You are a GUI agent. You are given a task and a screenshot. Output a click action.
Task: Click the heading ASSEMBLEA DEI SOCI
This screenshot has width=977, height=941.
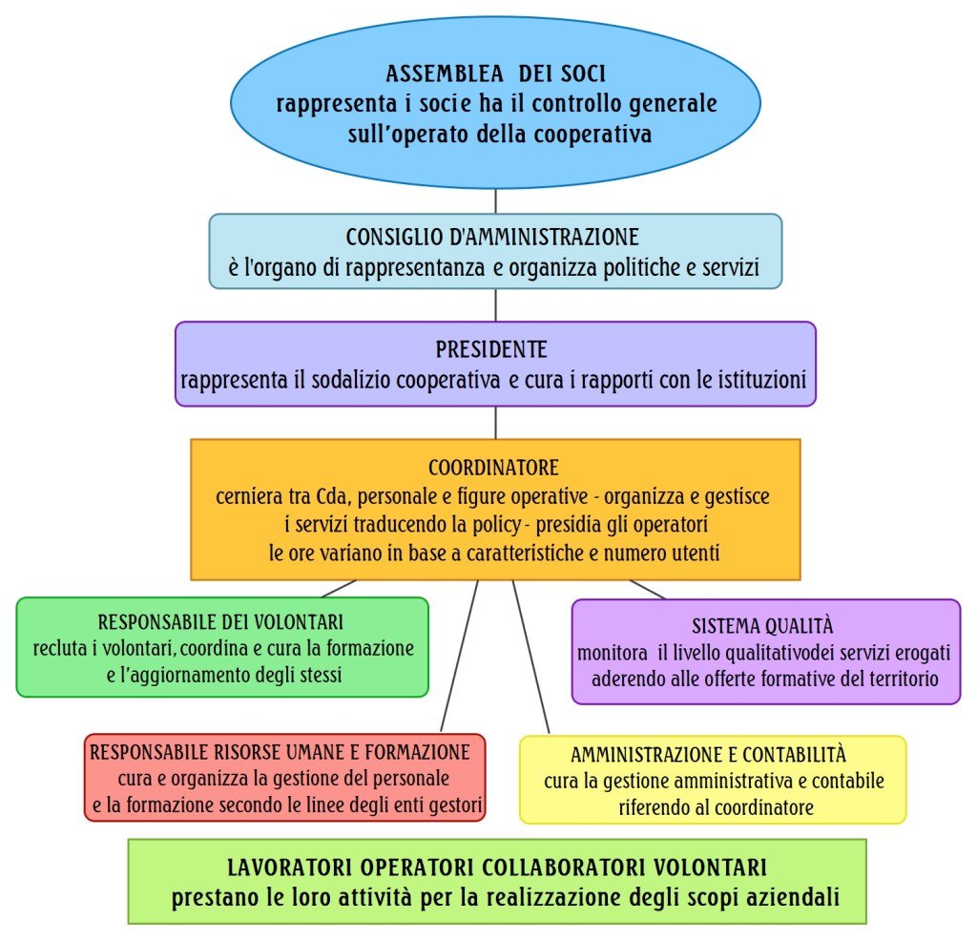(x=495, y=73)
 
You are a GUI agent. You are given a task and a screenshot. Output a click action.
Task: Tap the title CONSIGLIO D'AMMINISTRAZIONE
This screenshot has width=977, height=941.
(x=492, y=237)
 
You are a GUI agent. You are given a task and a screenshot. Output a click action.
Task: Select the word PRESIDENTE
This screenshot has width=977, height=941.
(x=491, y=349)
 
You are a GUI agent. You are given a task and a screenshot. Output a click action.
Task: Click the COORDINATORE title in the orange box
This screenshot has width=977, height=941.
(x=493, y=469)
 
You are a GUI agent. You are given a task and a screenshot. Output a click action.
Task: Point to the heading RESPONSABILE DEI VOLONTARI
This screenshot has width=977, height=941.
(x=220, y=623)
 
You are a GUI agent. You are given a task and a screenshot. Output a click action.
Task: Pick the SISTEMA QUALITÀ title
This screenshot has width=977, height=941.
(x=762, y=627)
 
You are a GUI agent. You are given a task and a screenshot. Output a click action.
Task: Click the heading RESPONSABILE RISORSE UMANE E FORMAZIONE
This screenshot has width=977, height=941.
(x=281, y=752)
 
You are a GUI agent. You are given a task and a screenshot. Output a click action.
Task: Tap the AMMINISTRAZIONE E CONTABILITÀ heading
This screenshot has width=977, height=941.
(x=709, y=755)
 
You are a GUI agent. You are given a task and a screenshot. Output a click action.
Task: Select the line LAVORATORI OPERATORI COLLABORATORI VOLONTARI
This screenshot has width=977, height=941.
(x=496, y=868)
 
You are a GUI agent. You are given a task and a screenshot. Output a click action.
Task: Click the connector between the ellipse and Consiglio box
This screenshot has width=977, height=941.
(x=495, y=201)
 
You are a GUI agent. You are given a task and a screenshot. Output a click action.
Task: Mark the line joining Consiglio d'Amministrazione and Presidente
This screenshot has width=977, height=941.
(x=495, y=304)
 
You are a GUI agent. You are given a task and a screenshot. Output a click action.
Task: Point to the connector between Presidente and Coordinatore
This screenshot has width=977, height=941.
(x=495, y=423)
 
